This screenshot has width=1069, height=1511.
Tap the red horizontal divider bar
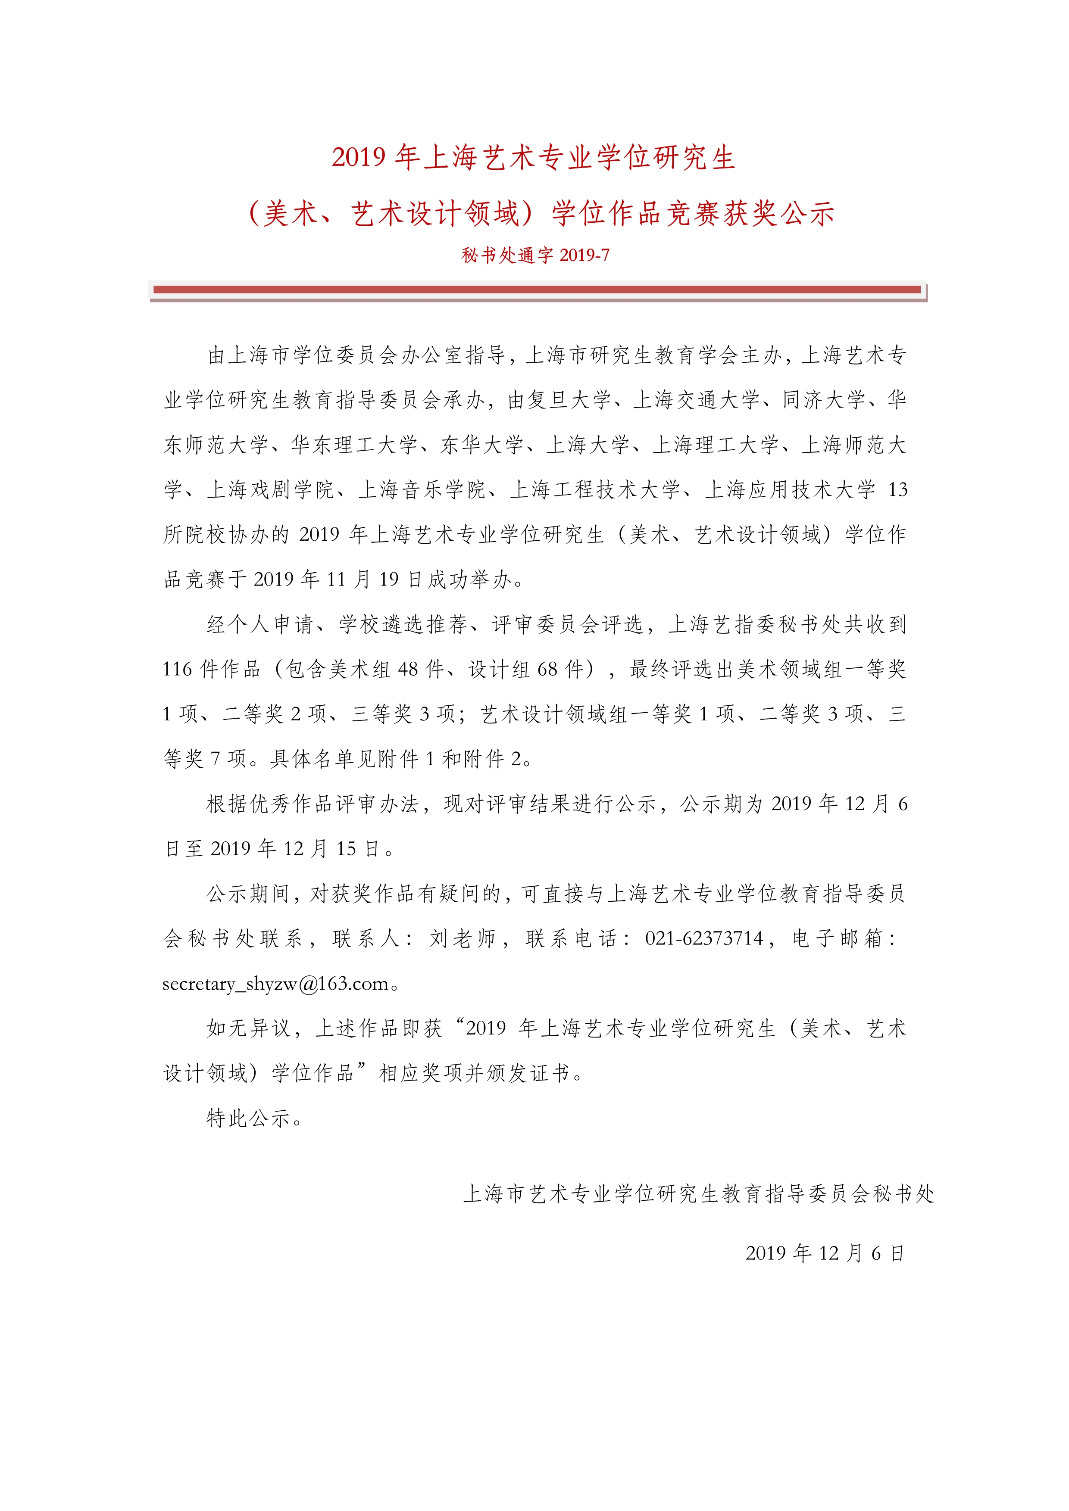click(x=537, y=290)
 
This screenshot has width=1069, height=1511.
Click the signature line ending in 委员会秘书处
click(x=698, y=1194)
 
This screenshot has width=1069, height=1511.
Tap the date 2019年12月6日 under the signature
click(x=824, y=1253)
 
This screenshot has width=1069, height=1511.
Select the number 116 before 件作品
click(x=178, y=669)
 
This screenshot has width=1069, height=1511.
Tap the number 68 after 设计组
click(x=548, y=669)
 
